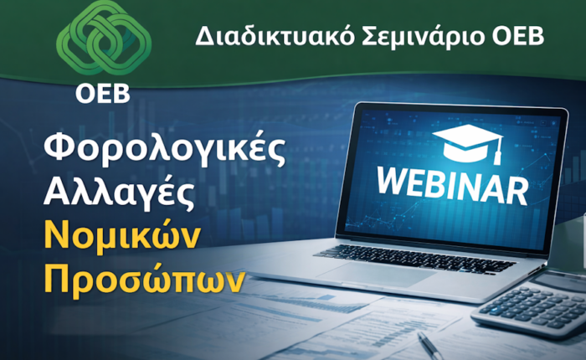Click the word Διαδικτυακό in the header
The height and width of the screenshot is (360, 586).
pyautogui.click(x=275, y=37)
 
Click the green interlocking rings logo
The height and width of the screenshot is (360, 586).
pyautogui.click(x=104, y=38)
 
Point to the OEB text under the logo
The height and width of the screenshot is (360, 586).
pyautogui.click(x=103, y=94)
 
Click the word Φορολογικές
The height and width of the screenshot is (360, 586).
pyautogui.click(x=165, y=148)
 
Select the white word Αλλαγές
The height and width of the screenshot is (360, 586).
pyautogui.click(x=119, y=193)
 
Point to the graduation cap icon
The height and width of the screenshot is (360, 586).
pyautogui.click(x=468, y=144)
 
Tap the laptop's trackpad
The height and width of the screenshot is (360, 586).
pyautogui.click(x=378, y=274)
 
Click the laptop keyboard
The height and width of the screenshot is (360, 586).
pyautogui.click(x=415, y=259)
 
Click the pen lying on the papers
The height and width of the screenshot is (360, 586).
pyautogui.click(x=429, y=346)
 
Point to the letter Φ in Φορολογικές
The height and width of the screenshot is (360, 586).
pyautogui.click(x=59, y=147)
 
